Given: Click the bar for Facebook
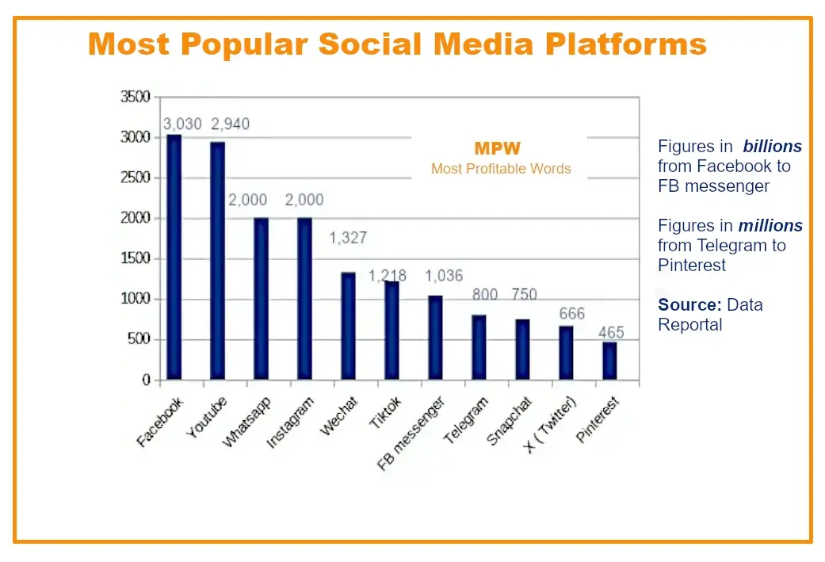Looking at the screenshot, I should click(174, 258).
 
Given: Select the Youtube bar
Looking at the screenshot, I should click(217, 261).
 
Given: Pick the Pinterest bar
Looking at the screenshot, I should click(609, 361).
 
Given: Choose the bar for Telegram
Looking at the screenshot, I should click(479, 347).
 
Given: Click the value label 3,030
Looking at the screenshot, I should click(182, 124).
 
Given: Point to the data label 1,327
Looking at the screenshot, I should click(348, 238).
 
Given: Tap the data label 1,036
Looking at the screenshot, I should click(444, 276).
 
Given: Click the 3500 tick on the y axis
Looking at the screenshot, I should click(135, 97).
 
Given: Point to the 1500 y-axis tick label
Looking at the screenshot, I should click(135, 259).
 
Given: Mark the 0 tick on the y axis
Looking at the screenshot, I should click(146, 380).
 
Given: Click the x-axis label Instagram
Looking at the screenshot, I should click(290, 423).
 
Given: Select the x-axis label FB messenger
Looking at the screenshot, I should click(411, 435).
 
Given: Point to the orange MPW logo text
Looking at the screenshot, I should click(497, 148).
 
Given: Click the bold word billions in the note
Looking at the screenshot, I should click(772, 147).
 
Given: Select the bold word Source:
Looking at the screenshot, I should click(689, 304).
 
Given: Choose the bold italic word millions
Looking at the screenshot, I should click(771, 226).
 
